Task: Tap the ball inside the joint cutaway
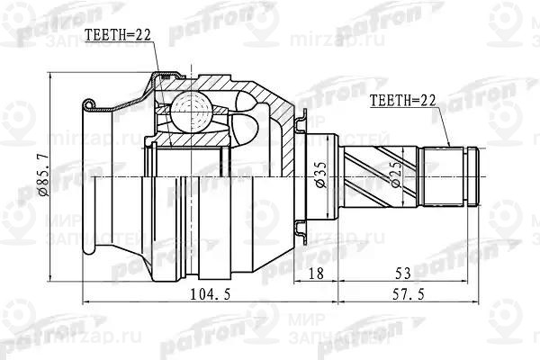pos(191,112)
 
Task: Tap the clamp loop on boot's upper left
pos(87,106)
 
